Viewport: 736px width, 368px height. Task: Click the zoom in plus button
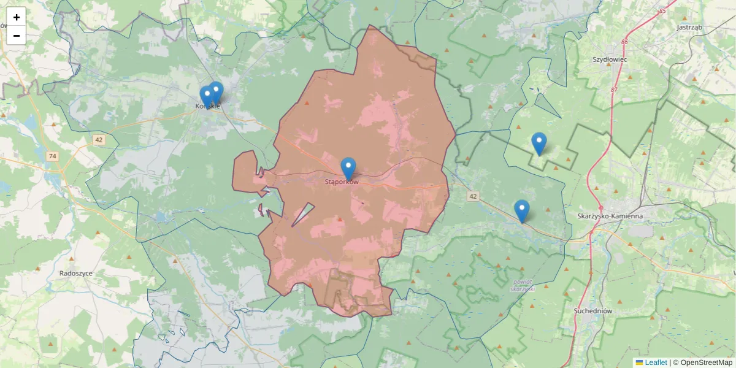pos(17,17)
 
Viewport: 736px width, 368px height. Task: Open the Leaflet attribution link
pos(655,362)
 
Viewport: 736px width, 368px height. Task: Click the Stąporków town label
pos(341,182)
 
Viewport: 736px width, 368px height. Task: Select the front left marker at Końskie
pos(207,96)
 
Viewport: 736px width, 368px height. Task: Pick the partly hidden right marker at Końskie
pos(217,92)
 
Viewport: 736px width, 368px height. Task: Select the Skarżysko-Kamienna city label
pos(610,216)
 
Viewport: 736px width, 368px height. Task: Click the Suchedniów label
pos(593,311)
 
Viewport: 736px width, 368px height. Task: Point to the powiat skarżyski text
pos(522,285)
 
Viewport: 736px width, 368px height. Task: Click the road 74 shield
pos(52,156)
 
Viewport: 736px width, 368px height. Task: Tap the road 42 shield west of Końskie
pos(99,140)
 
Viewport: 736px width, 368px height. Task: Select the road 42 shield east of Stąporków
pos(472,196)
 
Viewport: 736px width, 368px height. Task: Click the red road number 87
pos(614,90)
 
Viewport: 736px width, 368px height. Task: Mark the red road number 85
pos(662,11)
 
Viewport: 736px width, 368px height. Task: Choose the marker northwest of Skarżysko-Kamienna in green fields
pos(539,143)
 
